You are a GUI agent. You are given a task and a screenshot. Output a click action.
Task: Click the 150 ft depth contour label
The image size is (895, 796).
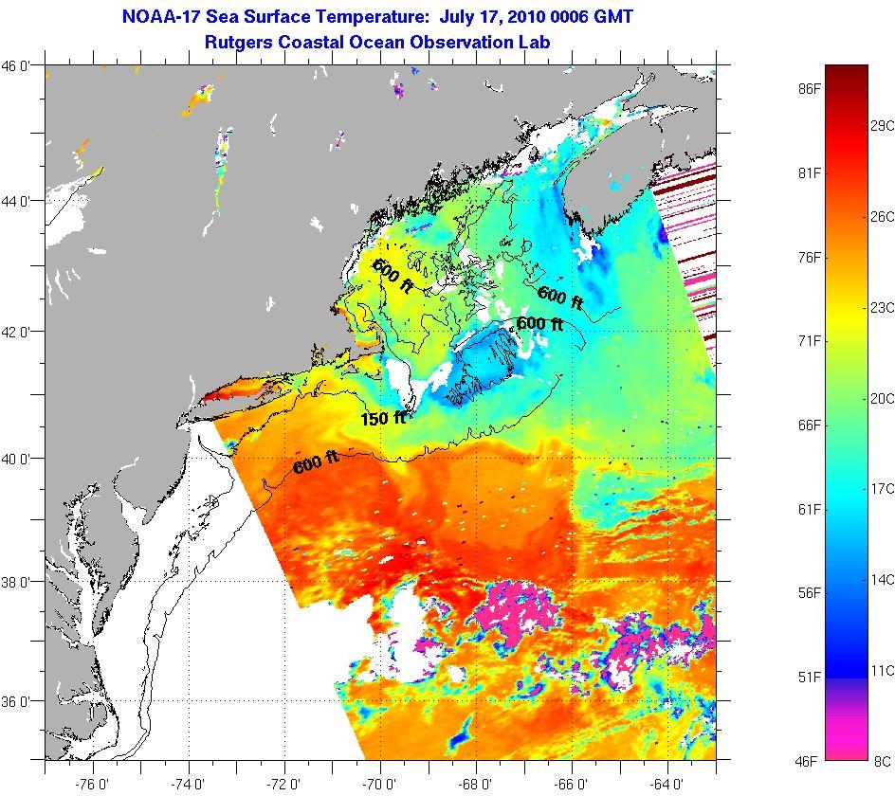click(382, 418)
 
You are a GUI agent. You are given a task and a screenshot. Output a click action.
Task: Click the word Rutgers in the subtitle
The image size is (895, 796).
click(241, 43)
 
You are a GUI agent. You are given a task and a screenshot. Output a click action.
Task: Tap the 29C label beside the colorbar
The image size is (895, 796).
click(882, 126)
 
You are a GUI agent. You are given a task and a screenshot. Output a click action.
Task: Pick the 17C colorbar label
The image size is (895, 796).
click(882, 489)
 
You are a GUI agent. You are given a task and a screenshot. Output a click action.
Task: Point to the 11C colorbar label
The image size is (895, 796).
click(882, 670)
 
